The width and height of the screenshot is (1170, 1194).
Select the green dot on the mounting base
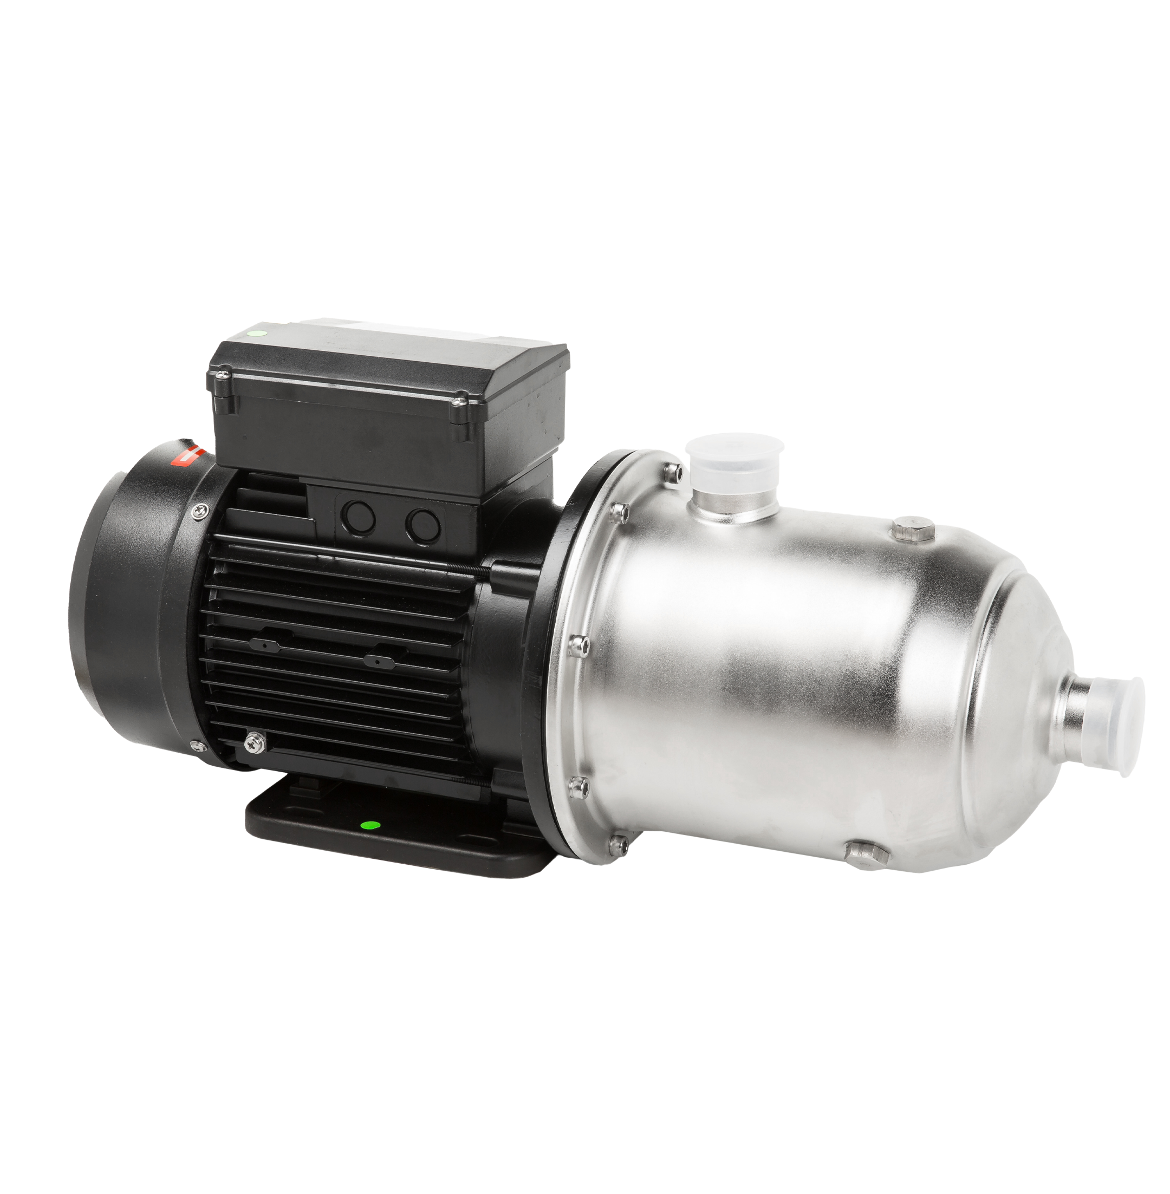pos(370,825)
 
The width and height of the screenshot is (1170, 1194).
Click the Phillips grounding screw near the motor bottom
pos(251,742)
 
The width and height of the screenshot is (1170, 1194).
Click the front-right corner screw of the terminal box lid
pos(458,402)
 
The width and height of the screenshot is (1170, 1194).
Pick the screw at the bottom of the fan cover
pos(196,745)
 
